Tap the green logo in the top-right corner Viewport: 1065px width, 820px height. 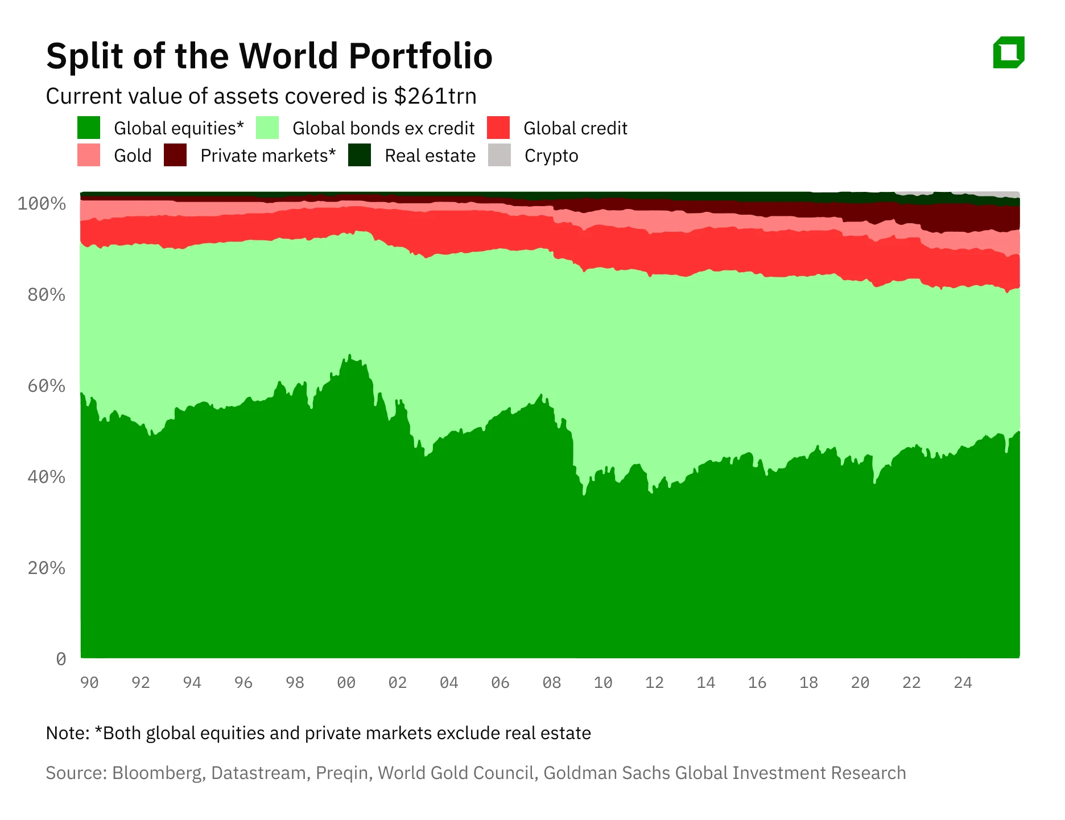pyautogui.click(x=1009, y=52)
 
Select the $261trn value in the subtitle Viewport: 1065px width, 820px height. pyautogui.click(x=435, y=96)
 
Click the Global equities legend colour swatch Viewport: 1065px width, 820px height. pyautogui.click(x=89, y=128)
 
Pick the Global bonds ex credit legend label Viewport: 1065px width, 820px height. pyautogui.click(x=383, y=128)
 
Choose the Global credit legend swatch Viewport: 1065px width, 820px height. pyautogui.click(x=498, y=128)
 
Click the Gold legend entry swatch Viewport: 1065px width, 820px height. pyautogui.click(x=89, y=155)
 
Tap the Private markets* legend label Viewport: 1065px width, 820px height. pyautogui.click(x=268, y=155)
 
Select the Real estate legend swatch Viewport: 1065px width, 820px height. pyautogui.click(x=360, y=155)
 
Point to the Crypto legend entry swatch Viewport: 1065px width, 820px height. pyautogui.click(x=500, y=155)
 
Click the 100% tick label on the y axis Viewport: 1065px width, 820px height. pyautogui.click(x=42, y=203)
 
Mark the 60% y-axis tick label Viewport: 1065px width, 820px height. pyautogui.click(x=46, y=386)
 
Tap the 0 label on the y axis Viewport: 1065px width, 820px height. pyautogui.click(x=61, y=659)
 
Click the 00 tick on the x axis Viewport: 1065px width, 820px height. pyautogui.click(x=346, y=682)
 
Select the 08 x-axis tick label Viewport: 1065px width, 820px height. pyautogui.click(x=551, y=682)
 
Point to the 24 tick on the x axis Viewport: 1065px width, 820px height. pyautogui.click(x=963, y=682)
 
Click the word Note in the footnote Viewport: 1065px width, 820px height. pyautogui.click(x=65, y=733)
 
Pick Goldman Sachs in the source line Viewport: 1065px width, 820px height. pyautogui.click(x=606, y=773)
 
